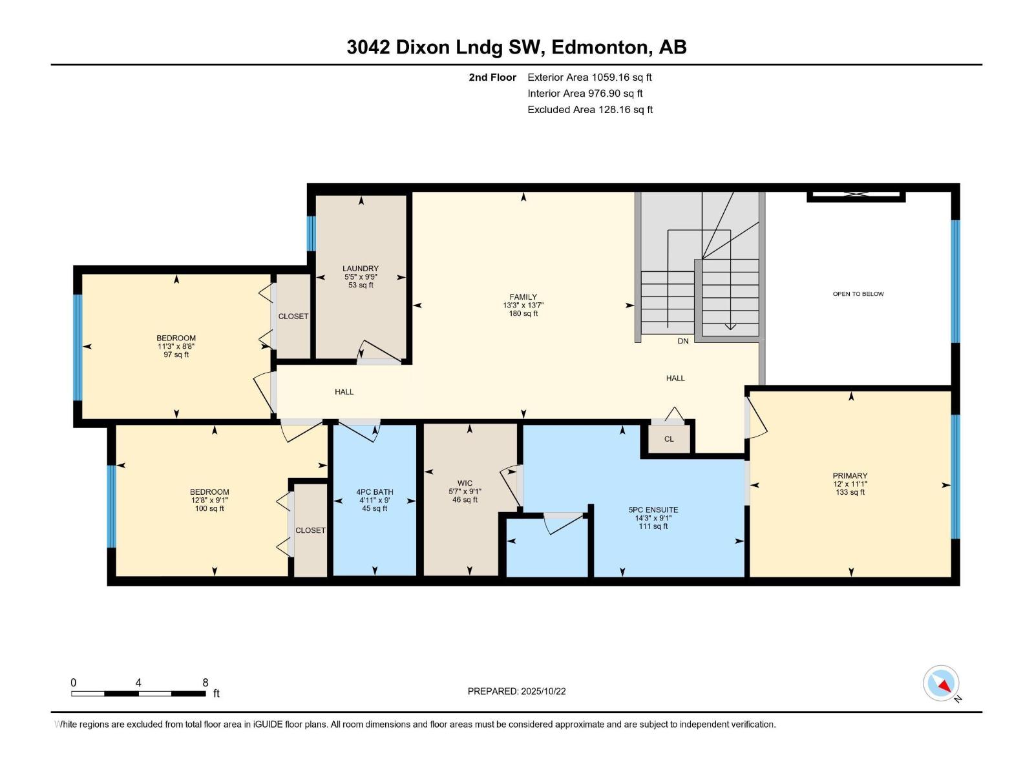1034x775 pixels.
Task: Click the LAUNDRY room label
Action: pyautogui.click(x=361, y=269)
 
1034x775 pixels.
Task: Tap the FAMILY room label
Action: pyautogui.click(x=523, y=297)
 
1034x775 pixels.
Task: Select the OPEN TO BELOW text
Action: pyautogui.click(x=858, y=294)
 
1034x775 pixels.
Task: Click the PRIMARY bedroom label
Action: pyautogui.click(x=850, y=476)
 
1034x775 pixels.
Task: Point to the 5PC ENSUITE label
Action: pyautogui.click(x=653, y=510)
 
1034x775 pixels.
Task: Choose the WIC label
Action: pyautogui.click(x=465, y=483)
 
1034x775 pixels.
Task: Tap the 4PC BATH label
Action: pyautogui.click(x=374, y=492)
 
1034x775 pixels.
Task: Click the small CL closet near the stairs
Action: pyautogui.click(x=669, y=439)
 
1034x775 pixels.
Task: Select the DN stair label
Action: pyautogui.click(x=682, y=341)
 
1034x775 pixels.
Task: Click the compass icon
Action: pyautogui.click(x=941, y=683)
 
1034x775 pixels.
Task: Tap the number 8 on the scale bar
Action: pyautogui.click(x=206, y=682)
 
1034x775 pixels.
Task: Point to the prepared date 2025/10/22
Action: pyautogui.click(x=543, y=691)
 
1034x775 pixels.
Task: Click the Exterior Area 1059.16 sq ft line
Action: pyautogui.click(x=589, y=77)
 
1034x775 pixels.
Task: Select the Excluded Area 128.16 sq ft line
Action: pyautogui.click(x=590, y=110)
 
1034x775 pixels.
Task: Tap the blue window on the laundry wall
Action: pyautogui.click(x=311, y=233)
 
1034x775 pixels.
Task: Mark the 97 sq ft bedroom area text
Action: pyautogui.click(x=176, y=355)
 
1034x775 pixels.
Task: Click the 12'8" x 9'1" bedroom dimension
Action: pyautogui.click(x=209, y=501)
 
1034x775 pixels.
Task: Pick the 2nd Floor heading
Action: pyautogui.click(x=492, y=77)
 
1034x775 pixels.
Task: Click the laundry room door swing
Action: pyautogui.click(x=379, y=351)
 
